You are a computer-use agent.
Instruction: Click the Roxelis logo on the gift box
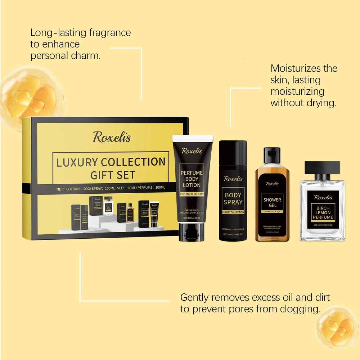click(x=112, y=137)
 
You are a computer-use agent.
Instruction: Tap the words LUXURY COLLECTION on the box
click(x=111, y=162)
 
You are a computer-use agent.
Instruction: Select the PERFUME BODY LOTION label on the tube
click(x=192, y=179)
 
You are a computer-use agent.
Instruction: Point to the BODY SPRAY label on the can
click(x=233, y=199)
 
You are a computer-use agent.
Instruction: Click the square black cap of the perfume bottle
click(x=322, y=168)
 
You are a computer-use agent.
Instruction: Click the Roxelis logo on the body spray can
click(x=233, y=179)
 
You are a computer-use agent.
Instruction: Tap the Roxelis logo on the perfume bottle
click(x=323, y=197)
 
